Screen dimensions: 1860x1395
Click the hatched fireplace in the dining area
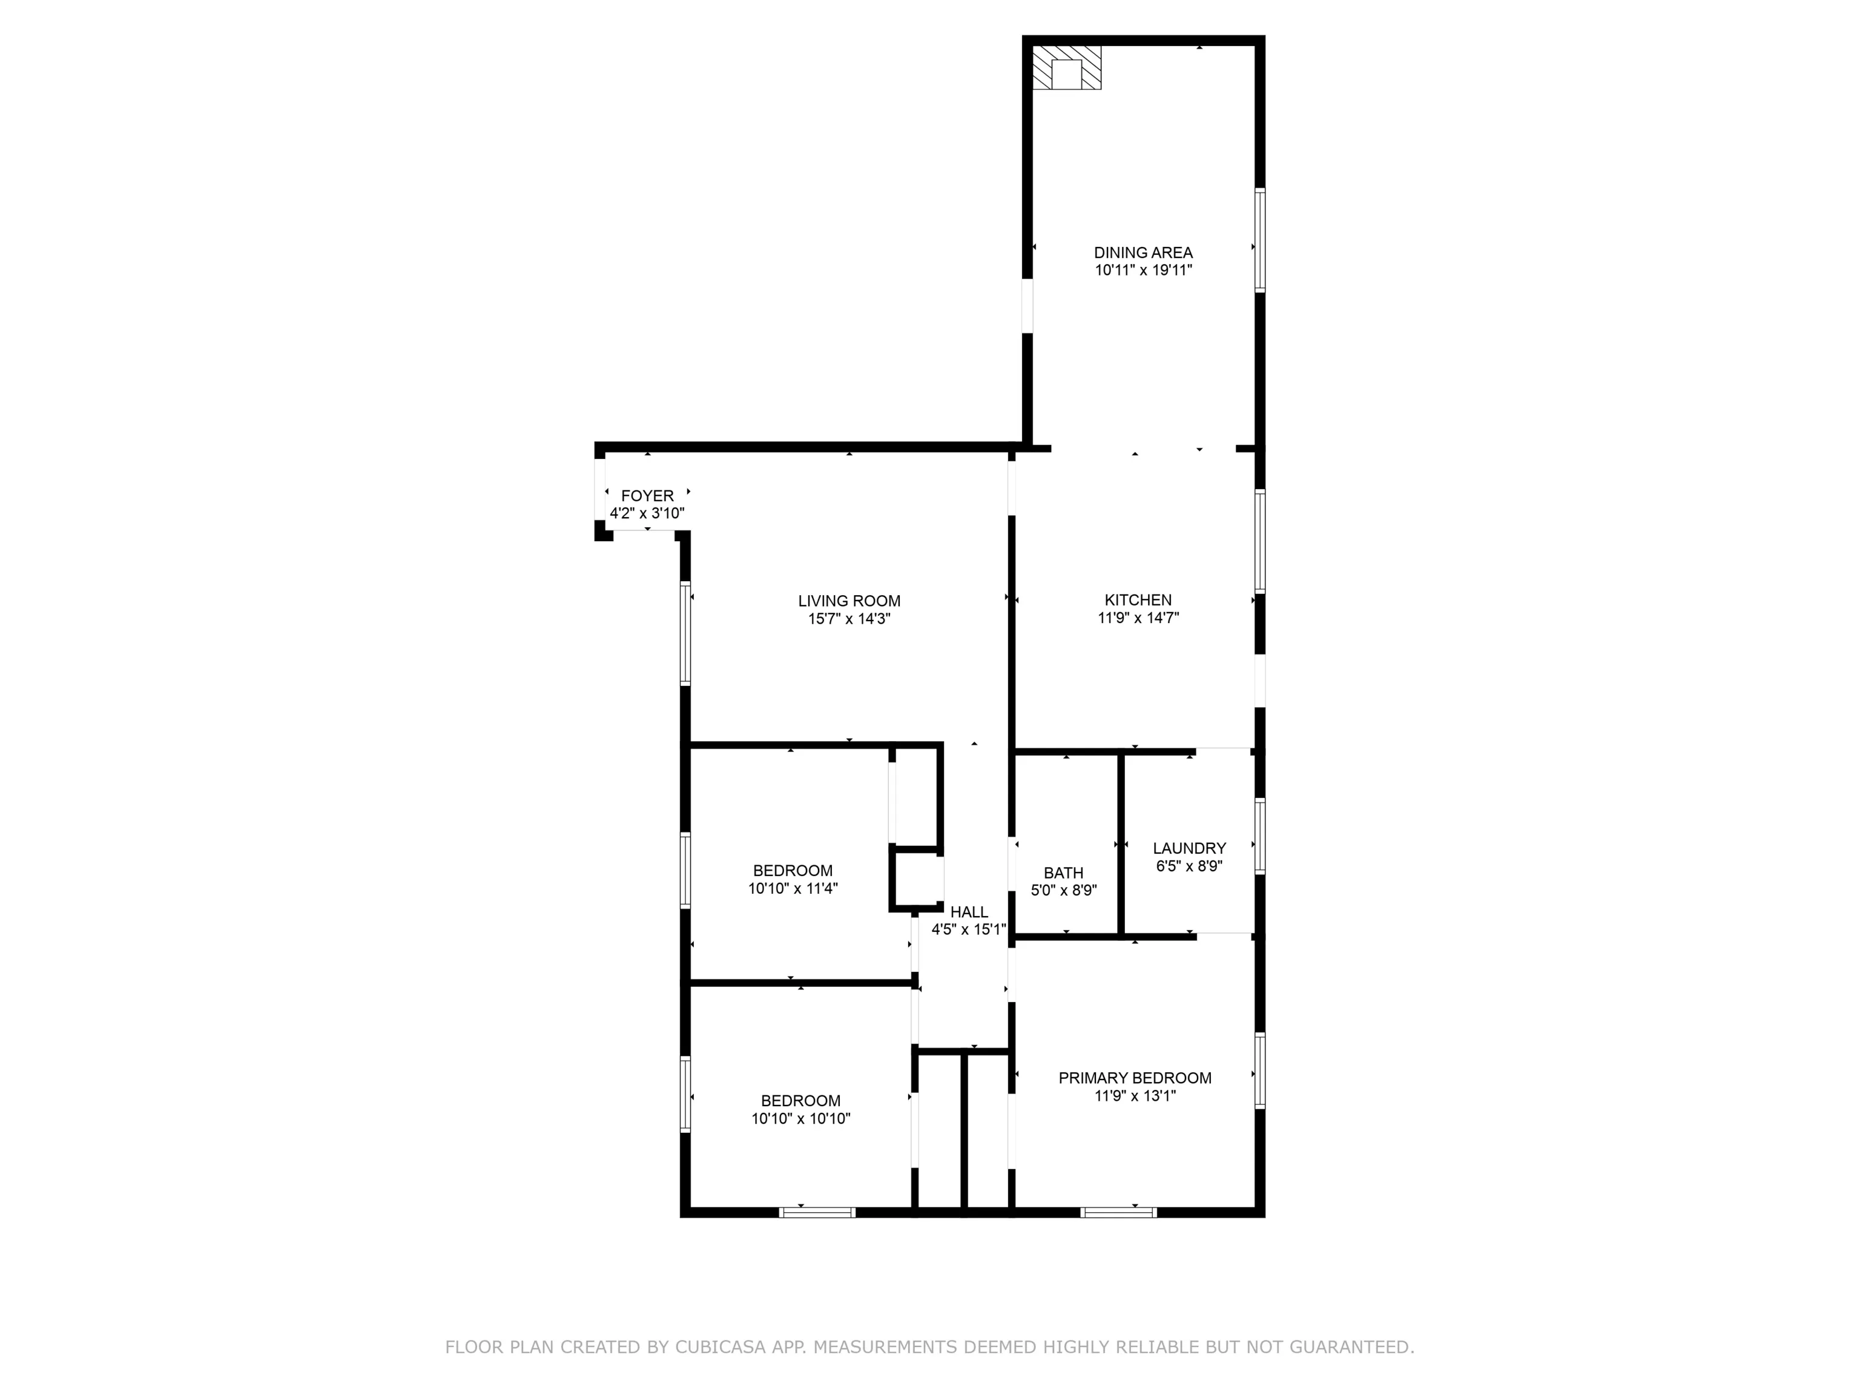click(x=1066, y=67)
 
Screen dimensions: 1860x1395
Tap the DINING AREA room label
click(x=1143, y=252)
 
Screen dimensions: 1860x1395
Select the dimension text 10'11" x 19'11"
click(x=1143, y=270)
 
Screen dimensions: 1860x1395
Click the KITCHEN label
click(x=1138, y=599)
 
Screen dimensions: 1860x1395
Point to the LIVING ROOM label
click(x=849, y=601)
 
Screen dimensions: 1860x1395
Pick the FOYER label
click(x=647, y=495)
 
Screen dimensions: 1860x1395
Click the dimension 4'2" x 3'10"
click(x=647, y=513)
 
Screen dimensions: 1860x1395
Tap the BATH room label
click(x=1064, y=873)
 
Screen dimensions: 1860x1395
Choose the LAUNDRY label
click(x=1189, y=848)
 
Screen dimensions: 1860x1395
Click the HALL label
click(x=969, y=911)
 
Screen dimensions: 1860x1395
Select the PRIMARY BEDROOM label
click(x=1135, y=1077)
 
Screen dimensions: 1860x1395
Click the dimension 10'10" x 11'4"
click(x=793, y=888)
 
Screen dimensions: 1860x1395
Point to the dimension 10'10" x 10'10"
click(x=800, y=1118)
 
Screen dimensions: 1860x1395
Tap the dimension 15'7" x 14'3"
click(x=849, y=619)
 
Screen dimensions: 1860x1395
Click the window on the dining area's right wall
click(x=1259, y=240)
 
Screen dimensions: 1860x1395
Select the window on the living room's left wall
click(x=685, y=633)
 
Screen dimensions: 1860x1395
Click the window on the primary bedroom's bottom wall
click(x=1118, y=1212)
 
